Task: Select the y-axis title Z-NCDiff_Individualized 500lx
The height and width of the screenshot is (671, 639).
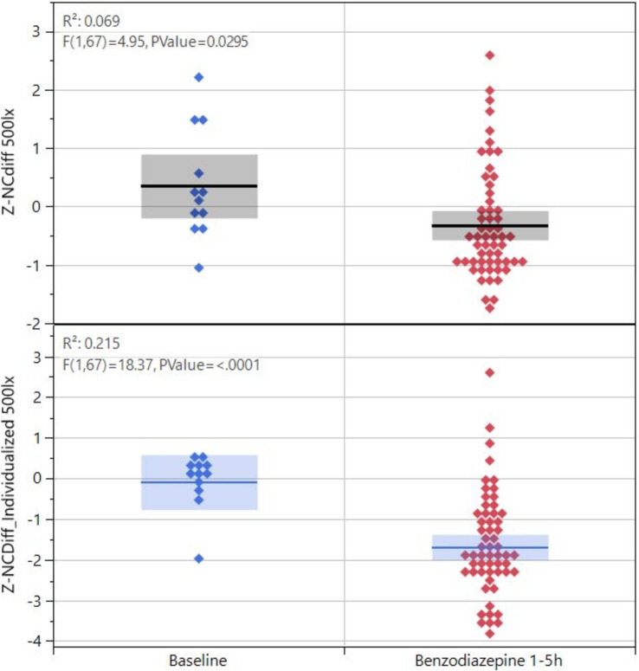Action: point(11,485)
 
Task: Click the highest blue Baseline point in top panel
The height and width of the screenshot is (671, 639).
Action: point(199,77)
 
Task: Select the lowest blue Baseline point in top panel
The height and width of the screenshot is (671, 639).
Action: point(199,268)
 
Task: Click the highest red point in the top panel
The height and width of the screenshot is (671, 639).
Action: point(490,55)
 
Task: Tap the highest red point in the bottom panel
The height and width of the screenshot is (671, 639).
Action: point(490,372)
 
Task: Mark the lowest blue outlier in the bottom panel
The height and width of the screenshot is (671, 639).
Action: point(199,558)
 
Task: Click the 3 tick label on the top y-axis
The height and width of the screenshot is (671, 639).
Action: point(35,32)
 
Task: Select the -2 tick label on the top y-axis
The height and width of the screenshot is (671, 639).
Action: point(32,324)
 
